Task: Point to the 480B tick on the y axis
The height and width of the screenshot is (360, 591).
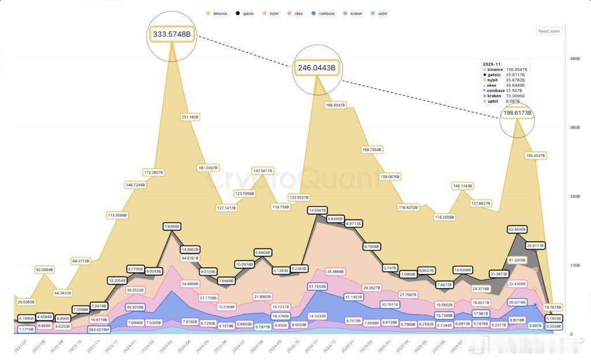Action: coord(574,59)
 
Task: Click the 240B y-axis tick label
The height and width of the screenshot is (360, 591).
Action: coord(574,197)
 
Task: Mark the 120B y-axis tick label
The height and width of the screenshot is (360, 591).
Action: coord(574,265)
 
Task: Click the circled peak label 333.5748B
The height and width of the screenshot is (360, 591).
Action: coord(172,34)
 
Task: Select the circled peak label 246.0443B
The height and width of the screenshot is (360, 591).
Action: coord(316,68)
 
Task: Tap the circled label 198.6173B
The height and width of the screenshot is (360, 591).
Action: coord(517,113)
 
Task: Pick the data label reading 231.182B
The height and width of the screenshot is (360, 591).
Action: coord(190,117)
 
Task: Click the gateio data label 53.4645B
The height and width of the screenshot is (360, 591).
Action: coord(517,230)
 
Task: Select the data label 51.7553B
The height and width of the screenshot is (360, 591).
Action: coord(317,286)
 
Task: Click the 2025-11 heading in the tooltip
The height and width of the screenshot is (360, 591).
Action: coord(492,63)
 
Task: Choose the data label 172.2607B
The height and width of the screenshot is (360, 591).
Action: coord(154,172)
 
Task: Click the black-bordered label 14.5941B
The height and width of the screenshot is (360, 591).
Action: coord(317,211)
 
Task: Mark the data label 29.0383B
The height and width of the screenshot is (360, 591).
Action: coord(26,302)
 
